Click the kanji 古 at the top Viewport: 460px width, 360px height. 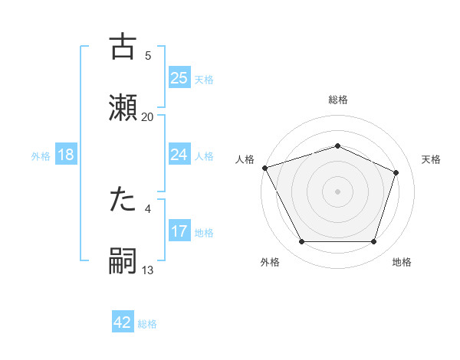[x=123, y=47]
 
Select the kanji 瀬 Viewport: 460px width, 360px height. [x=123, y=106]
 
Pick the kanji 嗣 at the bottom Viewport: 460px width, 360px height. [x=123, y=260]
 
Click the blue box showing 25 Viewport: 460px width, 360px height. [x=179, y=77]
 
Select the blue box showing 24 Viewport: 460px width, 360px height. [x=179, y=155]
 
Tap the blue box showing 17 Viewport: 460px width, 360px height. [x=179, y=231]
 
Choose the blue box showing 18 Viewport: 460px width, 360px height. [x=66, y=155]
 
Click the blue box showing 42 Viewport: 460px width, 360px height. [x=123, y=322]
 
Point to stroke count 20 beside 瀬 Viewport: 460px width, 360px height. [x=148, y=116]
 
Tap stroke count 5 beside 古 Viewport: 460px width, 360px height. [x=148, y=55]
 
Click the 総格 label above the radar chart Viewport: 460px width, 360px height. [x=338, y=100]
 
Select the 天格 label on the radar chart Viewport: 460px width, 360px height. [x=431, y=159]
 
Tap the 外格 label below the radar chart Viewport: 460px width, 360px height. [x=270, y=263]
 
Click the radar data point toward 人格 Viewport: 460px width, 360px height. [x=264, y=168]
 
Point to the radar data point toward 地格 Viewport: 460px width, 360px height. [x=373, y=242]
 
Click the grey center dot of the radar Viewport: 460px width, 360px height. [x=338, y=191]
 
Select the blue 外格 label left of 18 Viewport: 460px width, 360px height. [x=41, y=155]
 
